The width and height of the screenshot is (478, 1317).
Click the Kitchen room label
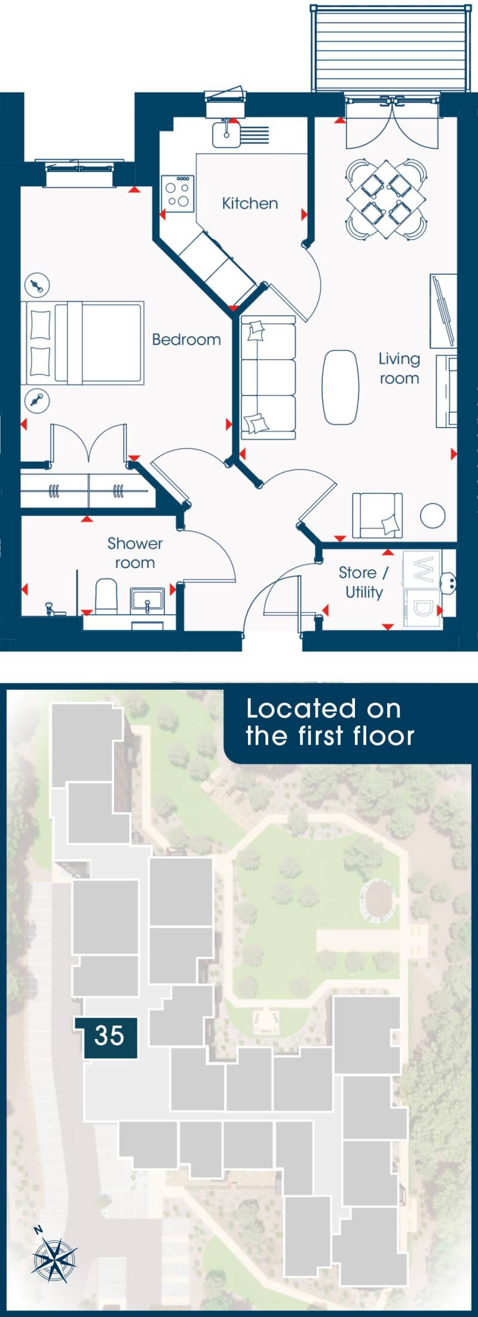(250, 204)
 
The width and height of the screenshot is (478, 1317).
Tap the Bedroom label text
(186, 339)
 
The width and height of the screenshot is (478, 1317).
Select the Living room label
(399, 369)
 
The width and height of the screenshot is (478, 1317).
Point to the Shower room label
(135, 553)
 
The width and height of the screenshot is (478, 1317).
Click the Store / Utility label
(364, 582)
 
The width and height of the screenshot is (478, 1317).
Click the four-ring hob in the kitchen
(177, 193)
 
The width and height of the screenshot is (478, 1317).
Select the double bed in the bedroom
(83, 342)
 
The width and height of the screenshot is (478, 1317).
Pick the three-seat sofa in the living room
(268, 377)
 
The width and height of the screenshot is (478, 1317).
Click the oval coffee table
(341, 387)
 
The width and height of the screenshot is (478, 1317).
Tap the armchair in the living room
(377, 515)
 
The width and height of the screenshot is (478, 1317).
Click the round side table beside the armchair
(432, 515)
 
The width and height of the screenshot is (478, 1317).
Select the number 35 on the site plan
(109, 1035)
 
